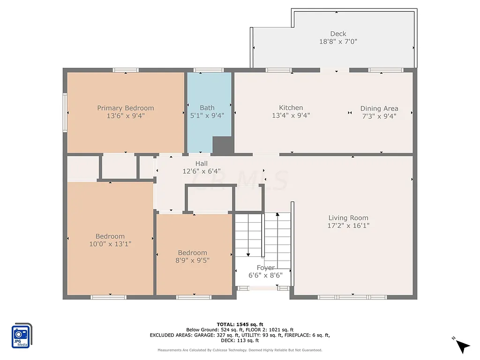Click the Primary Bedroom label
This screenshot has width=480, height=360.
(x=125, y=108)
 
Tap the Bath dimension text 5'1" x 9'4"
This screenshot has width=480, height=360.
(x=207, y=115)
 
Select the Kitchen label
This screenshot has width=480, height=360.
(x=291, y=107)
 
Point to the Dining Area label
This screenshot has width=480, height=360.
(x=379, y=108)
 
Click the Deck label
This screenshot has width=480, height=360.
(x=338, y=34)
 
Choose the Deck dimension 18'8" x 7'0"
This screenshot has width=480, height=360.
(x=338, y=41)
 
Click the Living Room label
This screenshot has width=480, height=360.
(x=348, y=217)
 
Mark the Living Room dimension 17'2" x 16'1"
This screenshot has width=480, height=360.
(x=348, y=225)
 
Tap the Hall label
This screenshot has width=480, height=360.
(x=202, y=163)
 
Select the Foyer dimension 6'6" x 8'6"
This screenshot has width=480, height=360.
(x=265, y=276)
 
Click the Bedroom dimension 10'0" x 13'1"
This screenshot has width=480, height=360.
(x=110, y=244)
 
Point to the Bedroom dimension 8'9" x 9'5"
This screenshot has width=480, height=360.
(x=192, y=260)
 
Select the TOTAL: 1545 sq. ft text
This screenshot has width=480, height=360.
(x=240, y=324)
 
